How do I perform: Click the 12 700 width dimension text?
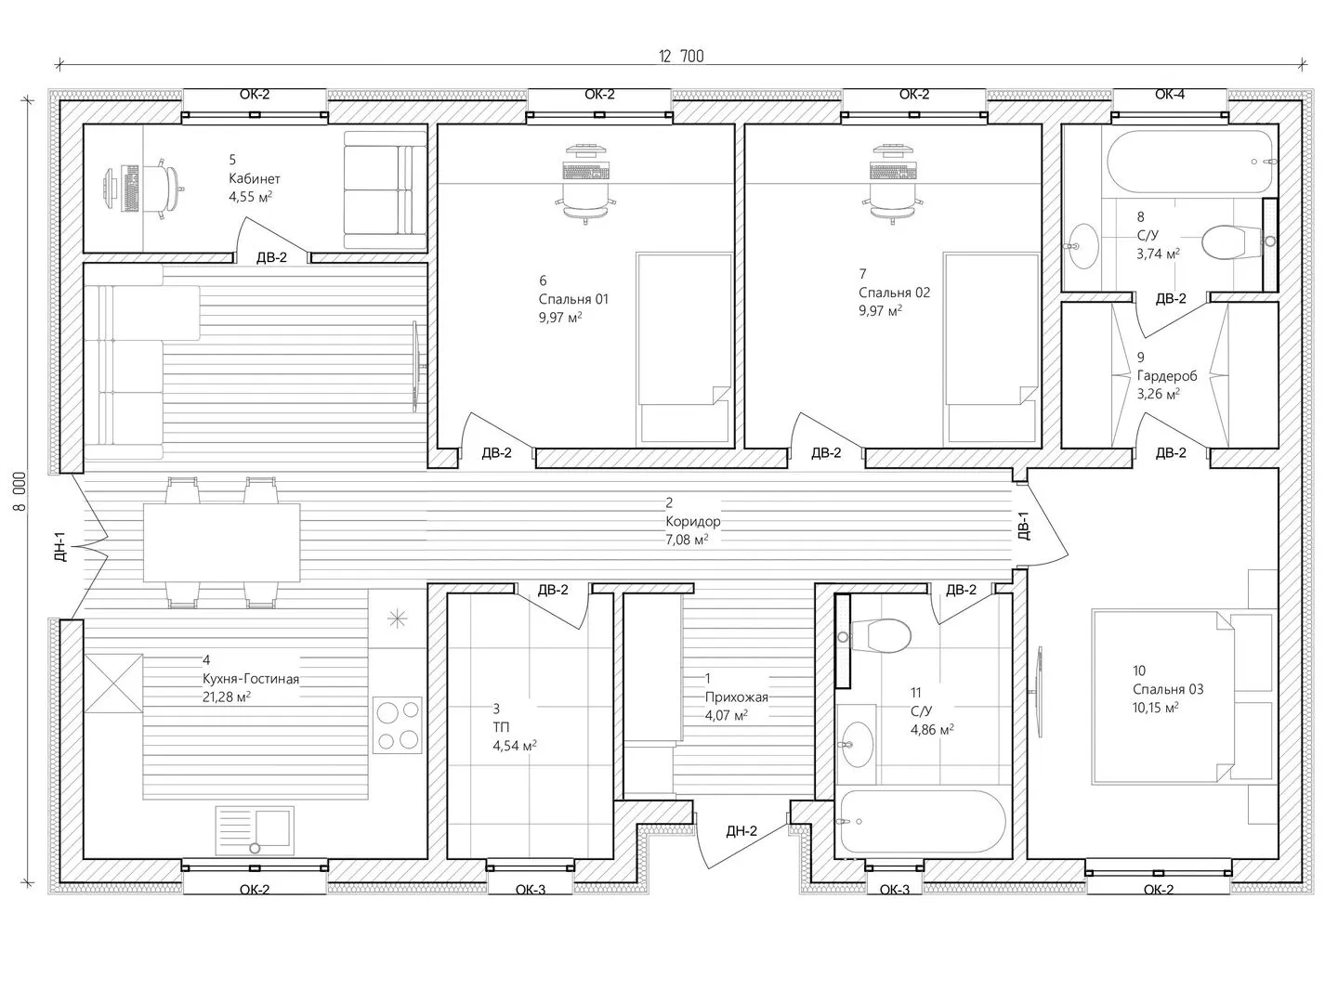click(681, 57)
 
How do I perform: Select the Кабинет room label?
click(255, 178)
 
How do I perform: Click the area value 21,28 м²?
click(226, 697)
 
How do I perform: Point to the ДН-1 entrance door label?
click(59, 546)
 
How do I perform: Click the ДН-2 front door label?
click(741, 830)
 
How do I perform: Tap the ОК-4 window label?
click(1170, 95)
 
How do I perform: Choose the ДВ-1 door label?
click(1023, 526)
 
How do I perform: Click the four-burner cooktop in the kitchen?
click(398, 725)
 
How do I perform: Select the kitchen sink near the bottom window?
click(255, 830)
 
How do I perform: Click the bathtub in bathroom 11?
click(923, 822)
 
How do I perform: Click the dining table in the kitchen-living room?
click(221, 542)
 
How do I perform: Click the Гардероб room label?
click(1167, 376)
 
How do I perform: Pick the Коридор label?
click(693, 521)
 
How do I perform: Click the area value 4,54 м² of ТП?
click(515, 746)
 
